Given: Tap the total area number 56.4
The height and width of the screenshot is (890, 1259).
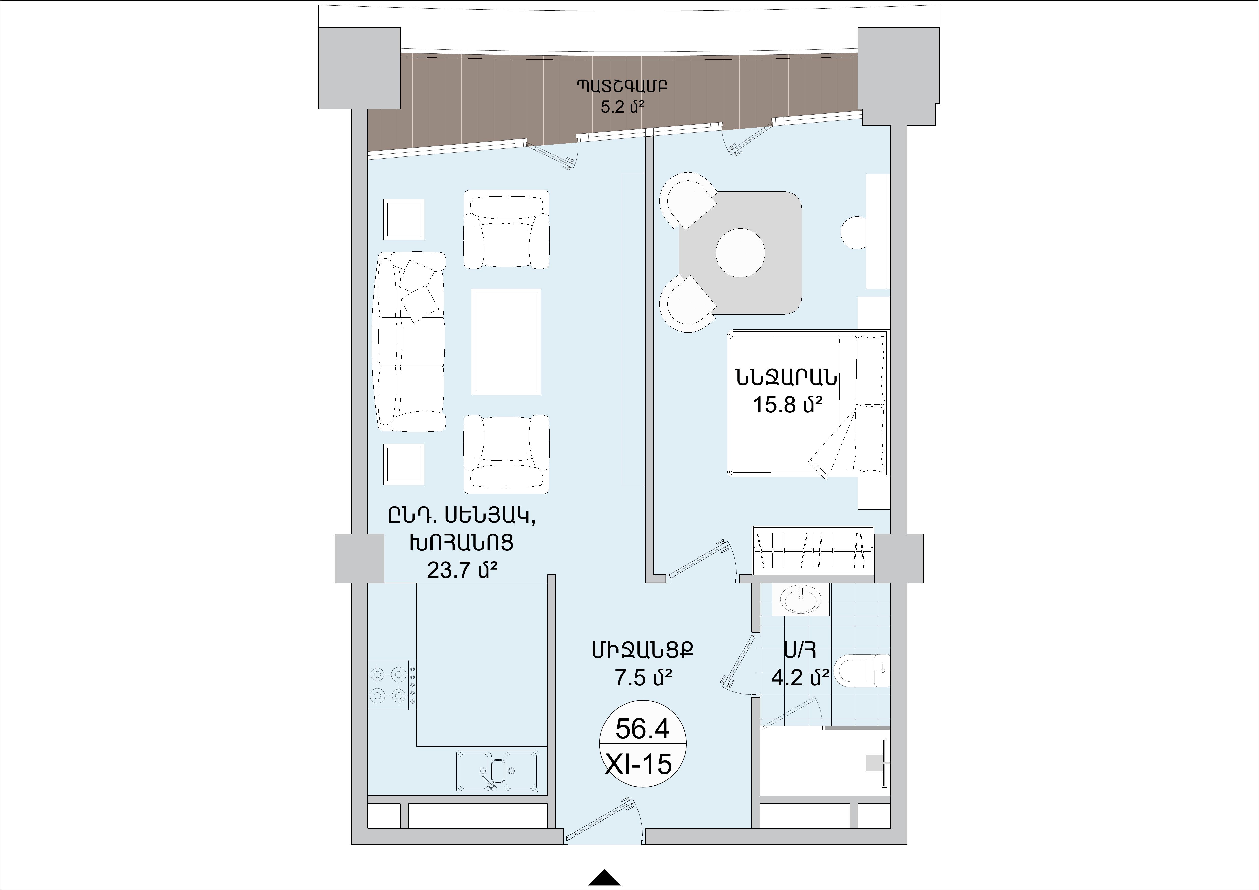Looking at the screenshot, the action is pyautogui.click(x=643, y=729).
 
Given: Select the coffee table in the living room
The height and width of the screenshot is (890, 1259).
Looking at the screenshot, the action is pyautogui.click(x=506, y=341).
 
